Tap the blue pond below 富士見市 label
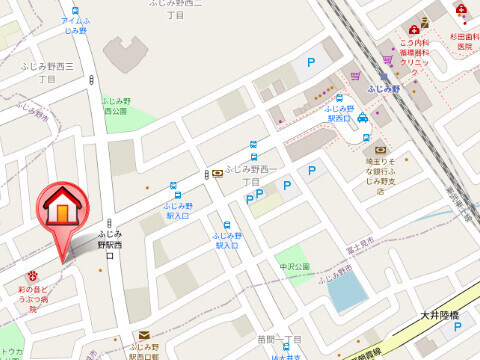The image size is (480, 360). click(x=347, y=290)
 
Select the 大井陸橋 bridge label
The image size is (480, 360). click(x=440, y=317)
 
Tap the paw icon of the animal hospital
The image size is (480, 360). click(x=33, y=272)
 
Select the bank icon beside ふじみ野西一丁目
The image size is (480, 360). click(x=217, y=171)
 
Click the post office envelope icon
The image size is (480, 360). click(x=144, y=335)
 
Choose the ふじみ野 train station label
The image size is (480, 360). click(x=385, y=89)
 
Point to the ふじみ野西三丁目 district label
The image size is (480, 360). click(x=46, y=71)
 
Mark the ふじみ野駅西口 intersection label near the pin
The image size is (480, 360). click(x=108, y=244)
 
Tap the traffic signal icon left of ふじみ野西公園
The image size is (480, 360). click(x=93, y=78)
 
